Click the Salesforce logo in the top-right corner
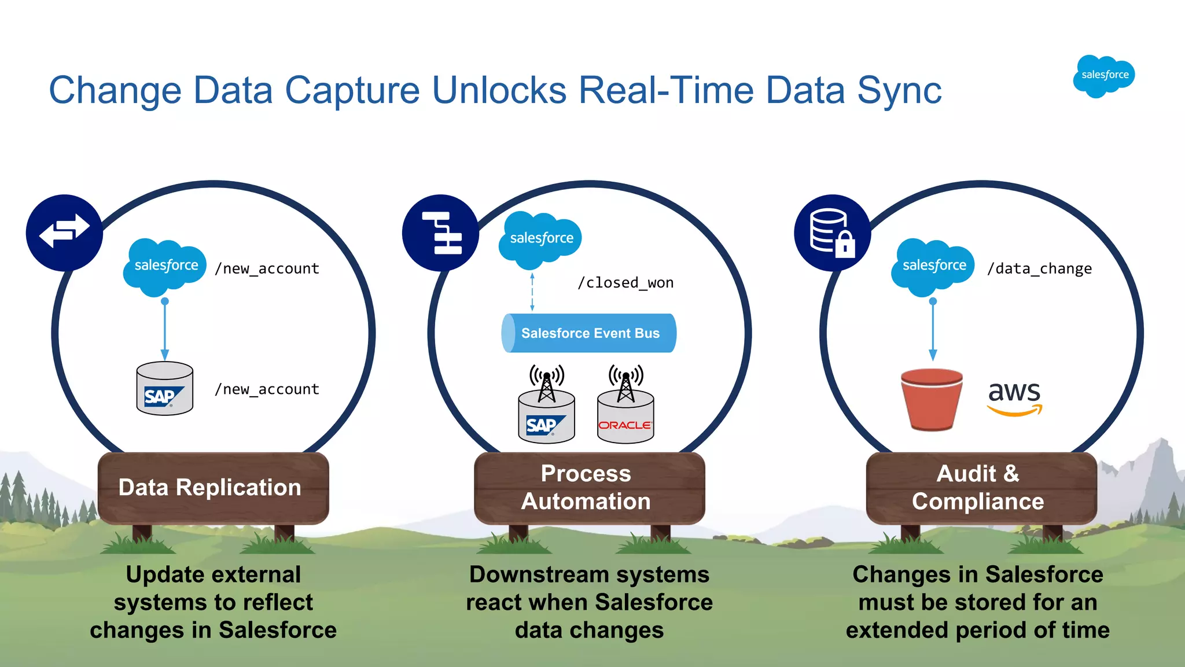(1103, 76)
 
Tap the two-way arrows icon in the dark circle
(64, 232)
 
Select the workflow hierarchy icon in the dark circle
(441, 233)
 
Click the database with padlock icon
(832, 233)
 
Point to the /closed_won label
(625, 283)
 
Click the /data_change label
(1039, 269)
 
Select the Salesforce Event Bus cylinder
(589, 333)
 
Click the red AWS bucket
(932, 400)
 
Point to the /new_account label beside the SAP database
(267, 390)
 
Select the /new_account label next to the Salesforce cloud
(267, 269)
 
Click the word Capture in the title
(352, 91)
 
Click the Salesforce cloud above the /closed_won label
(540, 239)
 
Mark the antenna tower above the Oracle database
(625, 382)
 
